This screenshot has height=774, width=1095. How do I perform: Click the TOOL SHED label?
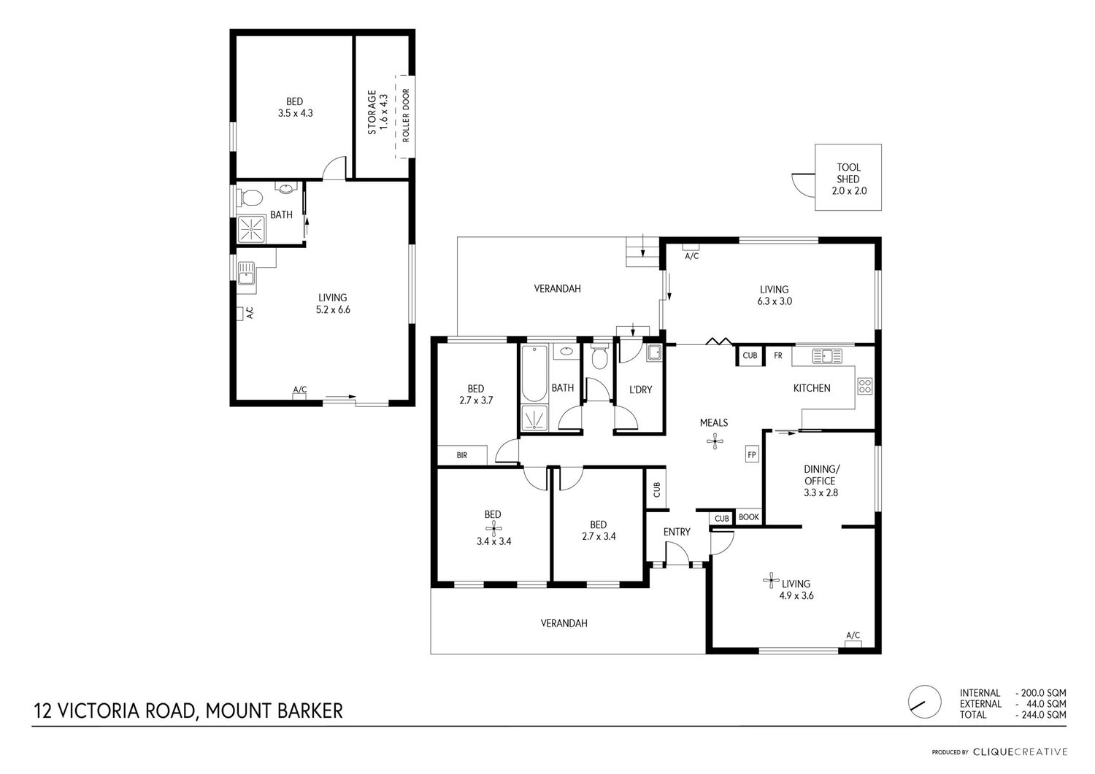tap(848, 173)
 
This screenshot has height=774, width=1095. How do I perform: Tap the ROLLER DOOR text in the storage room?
tap(405, 115)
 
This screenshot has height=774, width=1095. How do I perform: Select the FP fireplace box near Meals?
tap(752, 454)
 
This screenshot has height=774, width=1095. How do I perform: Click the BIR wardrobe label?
tap(462, 455)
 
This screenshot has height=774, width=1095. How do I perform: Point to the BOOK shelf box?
tap(749, 517)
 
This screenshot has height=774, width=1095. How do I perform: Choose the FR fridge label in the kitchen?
tap(777, 356)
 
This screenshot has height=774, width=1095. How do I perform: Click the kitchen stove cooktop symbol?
tap(865, 385)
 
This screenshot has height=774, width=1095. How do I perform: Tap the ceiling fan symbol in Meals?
tap(715, 442)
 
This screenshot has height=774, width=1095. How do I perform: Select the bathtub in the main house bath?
tap(534, 373)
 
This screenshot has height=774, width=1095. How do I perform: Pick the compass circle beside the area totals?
tap(925, 702)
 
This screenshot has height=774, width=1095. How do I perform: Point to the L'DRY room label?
tap(640, 390)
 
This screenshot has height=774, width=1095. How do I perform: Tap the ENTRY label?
tap(677, 532)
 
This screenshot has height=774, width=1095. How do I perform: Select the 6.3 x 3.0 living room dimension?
tap(775, 301)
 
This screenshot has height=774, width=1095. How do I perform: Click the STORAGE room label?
tap(372, 112)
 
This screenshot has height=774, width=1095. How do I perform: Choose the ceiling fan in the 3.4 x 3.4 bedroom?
tap(493, 527)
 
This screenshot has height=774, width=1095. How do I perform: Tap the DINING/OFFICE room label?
tap(822, 475)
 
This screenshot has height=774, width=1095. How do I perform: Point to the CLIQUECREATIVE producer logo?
tap(1021, 752)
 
